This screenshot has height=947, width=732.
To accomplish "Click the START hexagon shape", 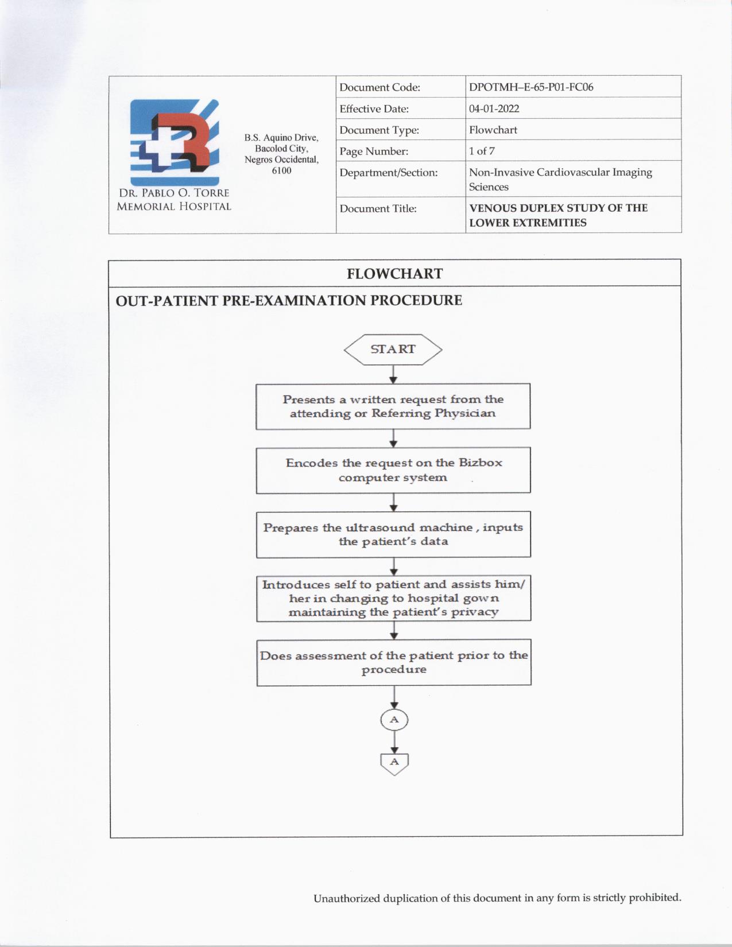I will (x=393, y=350).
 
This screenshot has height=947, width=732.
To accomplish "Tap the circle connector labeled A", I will (x=394, y=720).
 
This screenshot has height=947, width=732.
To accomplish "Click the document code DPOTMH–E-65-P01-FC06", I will (x=531, y=87).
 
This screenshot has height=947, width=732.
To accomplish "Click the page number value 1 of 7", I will (x=482, y=151).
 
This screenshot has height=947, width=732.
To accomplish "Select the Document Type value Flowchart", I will (x=493, y=130).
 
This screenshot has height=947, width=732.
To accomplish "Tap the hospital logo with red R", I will (x=175, y=142).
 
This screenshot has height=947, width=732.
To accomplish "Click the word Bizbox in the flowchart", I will (x=480, y=463).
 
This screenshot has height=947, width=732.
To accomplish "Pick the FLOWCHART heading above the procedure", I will (x=394, y=274).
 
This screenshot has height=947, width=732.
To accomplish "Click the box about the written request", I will (x=393, y=406).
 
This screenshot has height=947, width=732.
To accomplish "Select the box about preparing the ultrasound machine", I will (x=393, y=534).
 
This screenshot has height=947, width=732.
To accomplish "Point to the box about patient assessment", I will (x=394, y=662).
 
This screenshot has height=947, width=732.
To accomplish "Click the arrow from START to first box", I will (x=393, y=375).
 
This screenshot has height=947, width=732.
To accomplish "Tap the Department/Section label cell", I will (x=389, y=173).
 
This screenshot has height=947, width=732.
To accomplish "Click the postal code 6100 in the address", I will (x=281, y=170).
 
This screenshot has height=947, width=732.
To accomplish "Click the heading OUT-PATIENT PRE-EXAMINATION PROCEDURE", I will (x=289, y=301).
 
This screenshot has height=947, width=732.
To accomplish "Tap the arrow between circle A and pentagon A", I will (x=394, y=742).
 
